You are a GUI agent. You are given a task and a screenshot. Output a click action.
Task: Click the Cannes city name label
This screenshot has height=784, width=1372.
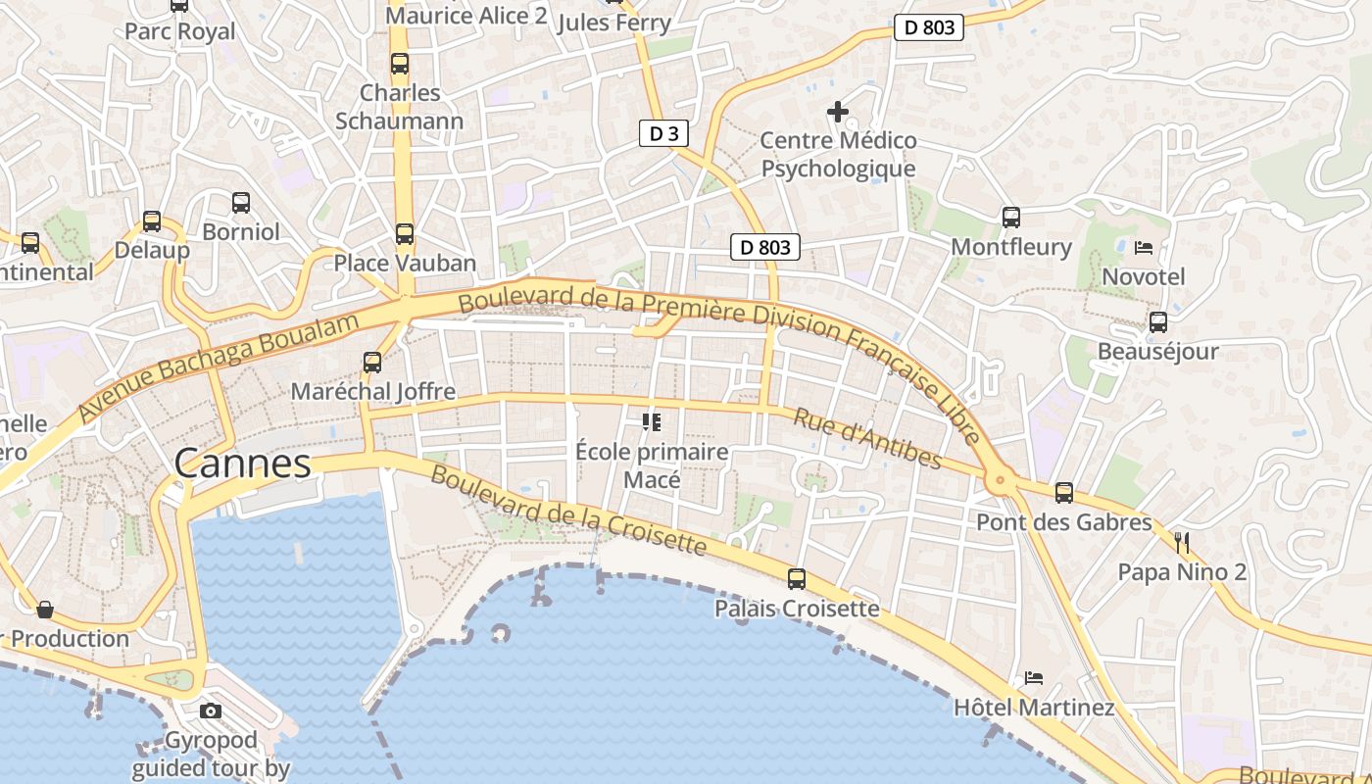click(x=243, y=464)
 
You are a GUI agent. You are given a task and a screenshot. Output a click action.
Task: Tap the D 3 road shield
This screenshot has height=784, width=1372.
click(x=663, y=133)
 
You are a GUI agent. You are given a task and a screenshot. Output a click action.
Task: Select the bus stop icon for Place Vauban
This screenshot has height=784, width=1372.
click(x=404, y=234)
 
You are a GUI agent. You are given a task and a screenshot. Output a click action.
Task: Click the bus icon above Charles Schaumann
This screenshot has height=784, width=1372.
click(x=399, y=64)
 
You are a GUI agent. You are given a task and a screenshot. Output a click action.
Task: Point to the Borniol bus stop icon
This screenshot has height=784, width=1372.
click(x=240, y=203)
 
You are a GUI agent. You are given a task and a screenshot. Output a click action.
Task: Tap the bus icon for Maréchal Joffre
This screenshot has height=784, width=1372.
click(x=372, y=363)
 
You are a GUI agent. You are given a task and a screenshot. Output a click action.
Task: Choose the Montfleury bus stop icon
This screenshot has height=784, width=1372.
click(x=1011, y=218)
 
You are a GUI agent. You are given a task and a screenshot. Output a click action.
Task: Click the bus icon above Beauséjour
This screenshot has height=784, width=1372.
click(x=1157, y=321)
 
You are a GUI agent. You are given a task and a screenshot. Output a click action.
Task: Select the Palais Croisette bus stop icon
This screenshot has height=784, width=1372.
click(x=797, y=579)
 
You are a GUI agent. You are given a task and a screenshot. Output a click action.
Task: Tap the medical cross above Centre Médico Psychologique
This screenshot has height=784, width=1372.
click(x=838, y=112)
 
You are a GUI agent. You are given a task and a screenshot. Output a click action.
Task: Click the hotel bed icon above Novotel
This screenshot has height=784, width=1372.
click(x=1143, y=247)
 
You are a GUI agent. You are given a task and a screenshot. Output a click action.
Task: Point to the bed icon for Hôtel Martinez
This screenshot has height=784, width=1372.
click(x=1033, y=677)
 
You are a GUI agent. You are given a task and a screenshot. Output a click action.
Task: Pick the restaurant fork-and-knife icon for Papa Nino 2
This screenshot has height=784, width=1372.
click(x=1182, y=542)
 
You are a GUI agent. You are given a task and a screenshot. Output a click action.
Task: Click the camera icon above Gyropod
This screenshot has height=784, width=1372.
click(x=210, y=710)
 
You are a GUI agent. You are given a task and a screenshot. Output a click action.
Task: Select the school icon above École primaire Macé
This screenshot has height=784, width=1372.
click(x=652, y=422)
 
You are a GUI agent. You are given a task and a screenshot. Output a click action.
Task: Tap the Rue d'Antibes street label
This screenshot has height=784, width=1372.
click(x=867, y=438)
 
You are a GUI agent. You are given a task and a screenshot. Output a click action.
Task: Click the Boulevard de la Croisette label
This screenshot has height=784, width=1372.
click(x=568, y=510)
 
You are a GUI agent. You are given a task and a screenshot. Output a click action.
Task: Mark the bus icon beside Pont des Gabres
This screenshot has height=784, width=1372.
click(x=1064, y=493)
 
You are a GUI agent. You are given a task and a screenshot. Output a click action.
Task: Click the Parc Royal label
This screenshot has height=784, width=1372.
click(x=179, y=31)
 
